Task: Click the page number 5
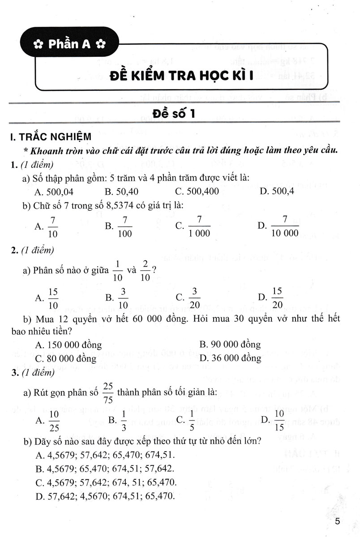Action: [x=338, y=521]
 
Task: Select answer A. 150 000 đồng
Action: [x=68, y=345]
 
